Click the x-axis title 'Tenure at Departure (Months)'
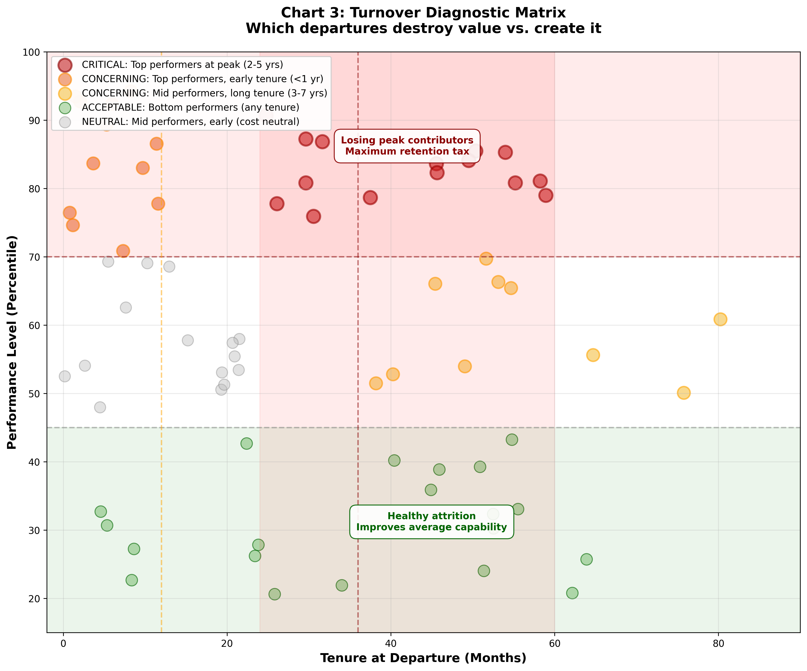pos(423,658)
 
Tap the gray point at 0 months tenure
pos(64,376)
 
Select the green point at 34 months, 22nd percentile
pos(342,585)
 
